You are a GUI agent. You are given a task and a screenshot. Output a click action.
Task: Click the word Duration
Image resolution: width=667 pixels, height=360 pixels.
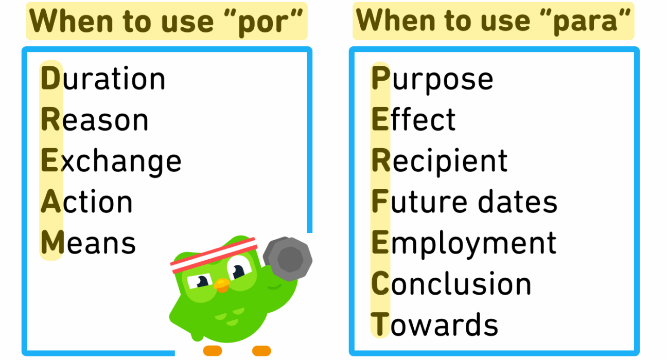click(103, 78)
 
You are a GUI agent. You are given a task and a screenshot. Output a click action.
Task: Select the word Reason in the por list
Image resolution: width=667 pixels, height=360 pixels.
click(94, 119)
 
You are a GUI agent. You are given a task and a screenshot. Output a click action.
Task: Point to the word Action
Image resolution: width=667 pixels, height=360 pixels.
click(86, 202)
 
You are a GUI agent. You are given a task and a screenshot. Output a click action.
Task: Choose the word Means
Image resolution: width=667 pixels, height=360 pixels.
click(88, 242)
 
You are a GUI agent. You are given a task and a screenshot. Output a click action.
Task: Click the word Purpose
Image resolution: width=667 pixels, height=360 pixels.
click(432, 80)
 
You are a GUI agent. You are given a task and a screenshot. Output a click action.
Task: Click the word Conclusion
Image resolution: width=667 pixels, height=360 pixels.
click(451, 283)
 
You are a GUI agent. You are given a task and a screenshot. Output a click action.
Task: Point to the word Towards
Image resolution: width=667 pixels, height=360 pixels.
click(434, 324)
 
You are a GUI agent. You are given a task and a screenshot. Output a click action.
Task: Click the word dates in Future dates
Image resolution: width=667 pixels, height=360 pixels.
click(518, 201)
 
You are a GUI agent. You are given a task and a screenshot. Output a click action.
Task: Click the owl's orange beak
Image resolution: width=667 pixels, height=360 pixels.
click(222, 285)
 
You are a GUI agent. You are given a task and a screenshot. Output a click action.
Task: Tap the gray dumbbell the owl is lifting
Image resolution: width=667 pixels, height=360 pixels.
click(288, 259)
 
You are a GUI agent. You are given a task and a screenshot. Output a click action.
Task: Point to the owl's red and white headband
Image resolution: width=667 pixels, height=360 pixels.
click(214, 255)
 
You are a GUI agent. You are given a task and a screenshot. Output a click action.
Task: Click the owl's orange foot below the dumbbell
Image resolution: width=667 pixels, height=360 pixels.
click(261, 351)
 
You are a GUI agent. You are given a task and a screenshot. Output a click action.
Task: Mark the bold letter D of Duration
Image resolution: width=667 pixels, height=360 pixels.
click(50, 78)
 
